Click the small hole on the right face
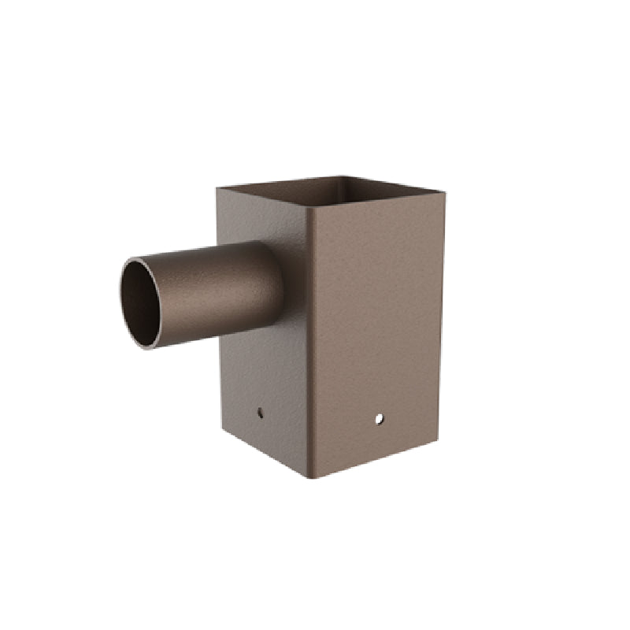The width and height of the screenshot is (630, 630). [x=379, y=418]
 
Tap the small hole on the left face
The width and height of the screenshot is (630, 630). [x=261, y=411]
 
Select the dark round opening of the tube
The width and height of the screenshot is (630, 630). [x=139, y=302]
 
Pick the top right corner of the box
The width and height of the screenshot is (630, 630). [x=444, y=192]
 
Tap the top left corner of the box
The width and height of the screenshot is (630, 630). [x=217, y=187]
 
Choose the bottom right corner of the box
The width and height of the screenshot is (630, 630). [x=437, y=440]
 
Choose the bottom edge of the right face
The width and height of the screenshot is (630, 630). [x=374, y=459]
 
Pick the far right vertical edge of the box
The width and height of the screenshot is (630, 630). [x=442, y=315]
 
